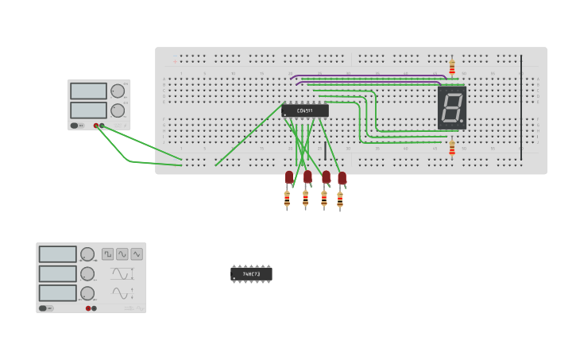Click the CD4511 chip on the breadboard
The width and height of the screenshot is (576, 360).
tap(304, 110)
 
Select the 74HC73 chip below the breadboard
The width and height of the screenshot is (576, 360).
tap(251, 274)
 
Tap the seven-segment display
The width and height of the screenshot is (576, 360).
tap(452, 107)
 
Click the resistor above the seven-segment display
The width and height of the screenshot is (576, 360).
tap(452, 68)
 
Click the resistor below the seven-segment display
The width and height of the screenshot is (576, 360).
tap(452, 148)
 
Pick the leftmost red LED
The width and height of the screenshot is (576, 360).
tap(289, 177)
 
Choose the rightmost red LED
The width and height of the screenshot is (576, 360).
tap(342, 178)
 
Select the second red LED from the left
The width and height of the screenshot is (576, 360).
tap(307, 177)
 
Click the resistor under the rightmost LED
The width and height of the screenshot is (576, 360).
tap(340, 199)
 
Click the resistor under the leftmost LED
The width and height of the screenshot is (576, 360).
tap(287, 199)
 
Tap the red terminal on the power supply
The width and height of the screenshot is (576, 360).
tap(96, 126)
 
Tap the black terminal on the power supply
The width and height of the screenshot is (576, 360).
tap(102, 126)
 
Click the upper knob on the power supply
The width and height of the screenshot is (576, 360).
tap(118, 91)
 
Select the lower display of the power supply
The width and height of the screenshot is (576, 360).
tap(88, 110)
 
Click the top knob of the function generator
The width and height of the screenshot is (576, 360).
tap(87, 254)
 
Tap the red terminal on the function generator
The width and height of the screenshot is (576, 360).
tap(88, 308)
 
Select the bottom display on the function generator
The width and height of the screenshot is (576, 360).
tap(58, 292)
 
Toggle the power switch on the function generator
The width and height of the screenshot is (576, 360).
tap(47, 308)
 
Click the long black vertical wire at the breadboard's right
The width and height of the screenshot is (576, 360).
tap(521, 107)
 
